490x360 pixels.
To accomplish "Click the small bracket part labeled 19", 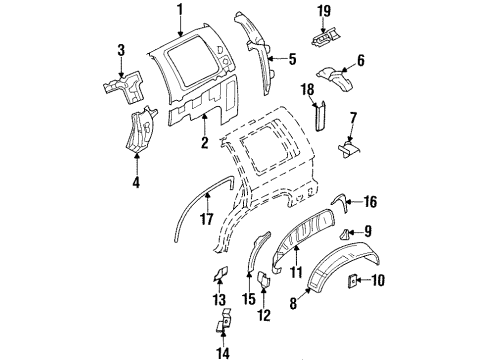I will tap(322, 39).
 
